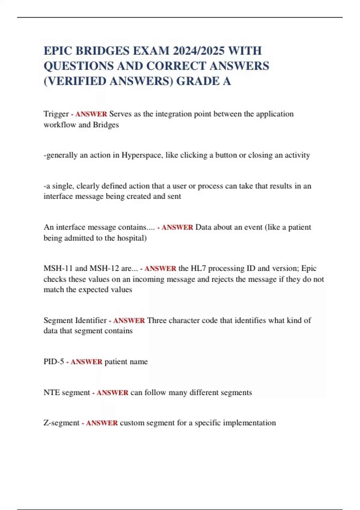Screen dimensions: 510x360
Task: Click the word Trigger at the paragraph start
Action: (x=56, y=114)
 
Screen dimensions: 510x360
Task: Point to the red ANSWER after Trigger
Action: (x=91, y=114)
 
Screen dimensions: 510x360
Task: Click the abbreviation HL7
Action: (x=198, y=268)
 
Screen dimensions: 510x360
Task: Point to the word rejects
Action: (x=223, y=279)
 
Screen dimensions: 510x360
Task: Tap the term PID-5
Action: (x=54, y=362)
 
